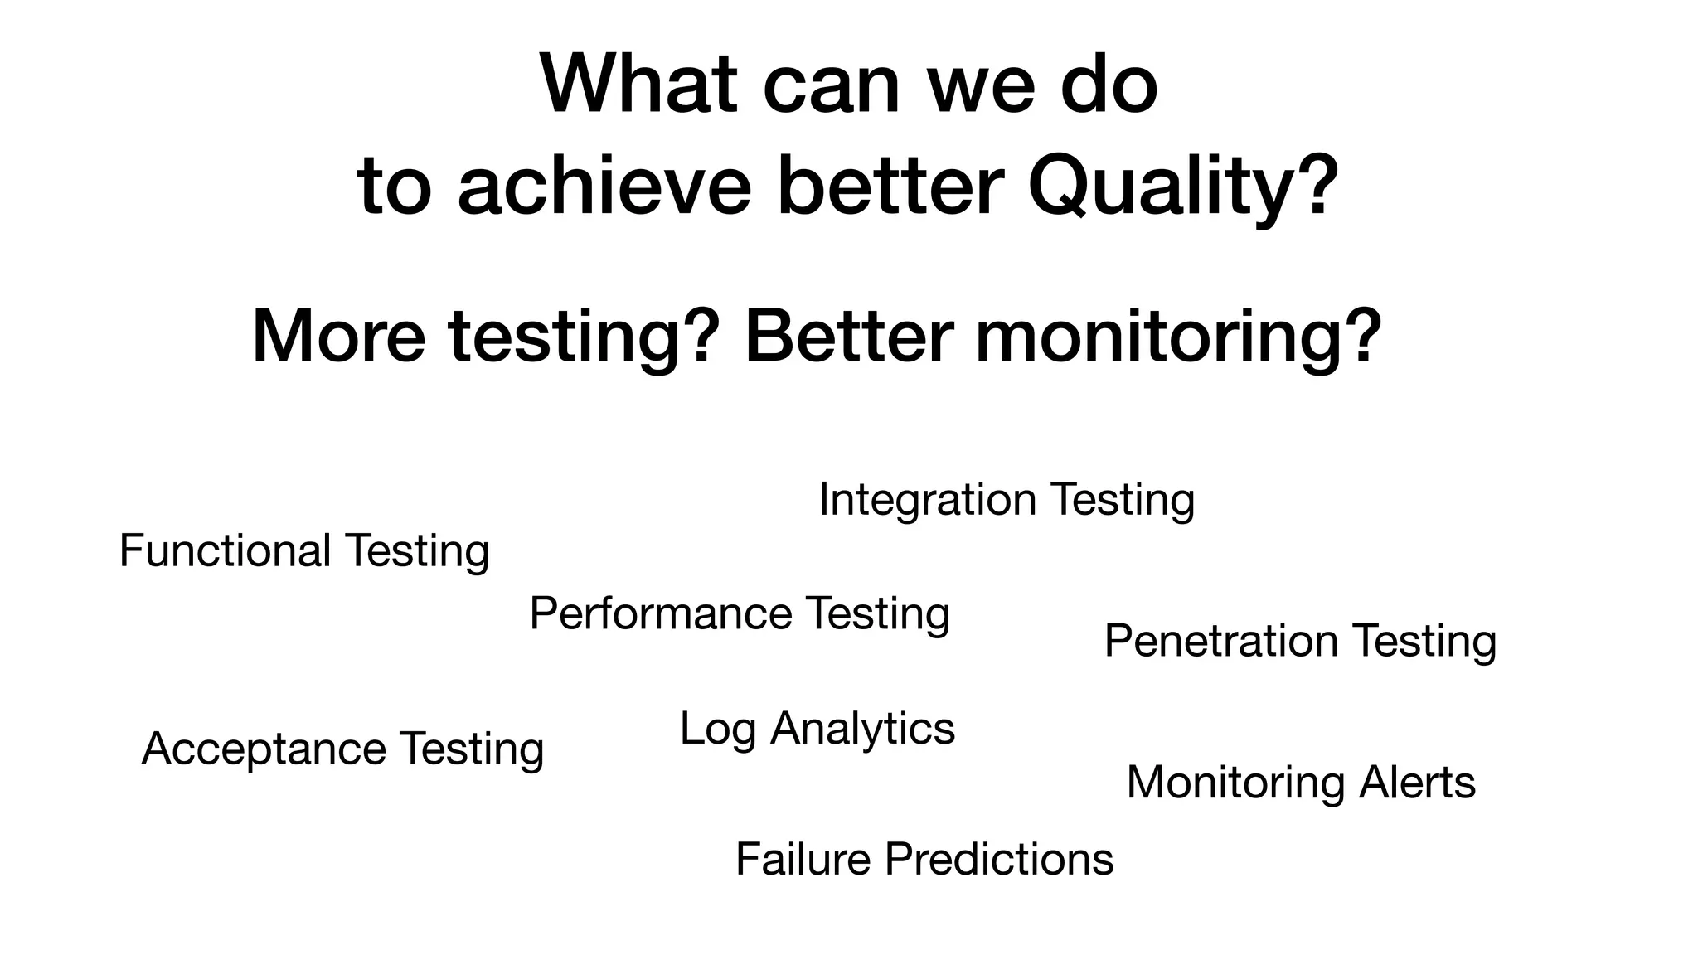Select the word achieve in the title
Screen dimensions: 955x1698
pos(604,186)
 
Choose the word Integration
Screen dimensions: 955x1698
pos(927,500)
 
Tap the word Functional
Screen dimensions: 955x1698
pos(226,550)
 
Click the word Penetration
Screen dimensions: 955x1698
pos(1221,641)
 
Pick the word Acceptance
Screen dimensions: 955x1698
pos(264,749)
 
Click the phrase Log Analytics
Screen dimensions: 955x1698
pos(817,730)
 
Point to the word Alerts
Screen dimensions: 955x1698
pos(1417,783)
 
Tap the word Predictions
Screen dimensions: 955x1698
pos(998,859)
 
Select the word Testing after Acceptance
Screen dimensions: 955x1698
pos(472,750)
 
